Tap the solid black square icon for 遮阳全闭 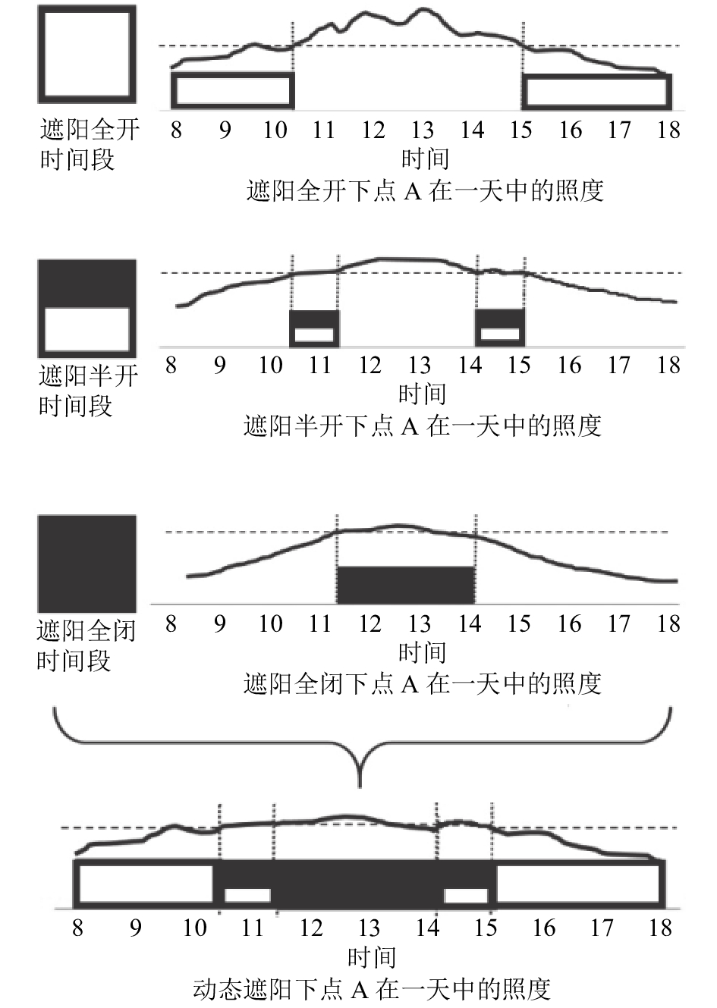coord(86,564)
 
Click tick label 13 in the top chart coord(422,130)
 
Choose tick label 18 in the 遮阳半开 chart coord(668,365)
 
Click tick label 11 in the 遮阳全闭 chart coord(320,623)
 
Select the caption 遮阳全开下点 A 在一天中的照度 coord(425,191)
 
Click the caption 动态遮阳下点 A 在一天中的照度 coord(372,989)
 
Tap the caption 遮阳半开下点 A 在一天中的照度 coord(423,425)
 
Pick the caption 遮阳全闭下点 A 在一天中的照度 coord(423,684)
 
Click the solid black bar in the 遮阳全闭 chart coord(406,585)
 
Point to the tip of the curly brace coord(360,787)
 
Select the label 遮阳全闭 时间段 coord(86,646)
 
